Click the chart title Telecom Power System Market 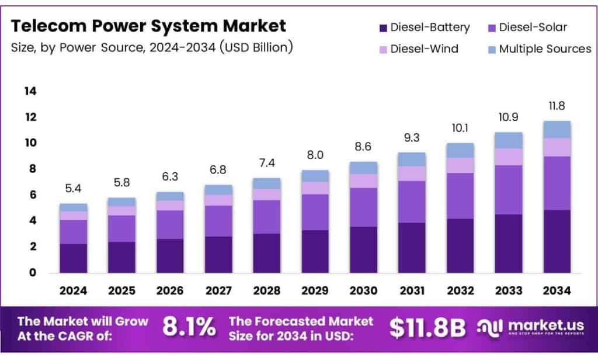pyautogui.click(x=149, y=26)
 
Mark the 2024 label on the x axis pyautogui.click(x=74, y=290)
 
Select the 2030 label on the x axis pyautogui.click(x=363, y=290)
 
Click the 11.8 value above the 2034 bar pyautogui.click(x=557, y=106)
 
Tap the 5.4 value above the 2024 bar pyautogui.click(x=74, y=189)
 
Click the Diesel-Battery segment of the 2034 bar pyautogui.click(x=557, y=241)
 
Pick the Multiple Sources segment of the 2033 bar pyautogui.click(x=508, y=140)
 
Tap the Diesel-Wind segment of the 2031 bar pyautogui.click(x=412, y=174)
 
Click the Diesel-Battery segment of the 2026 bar pyautogui.click(x=170, y=255)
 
